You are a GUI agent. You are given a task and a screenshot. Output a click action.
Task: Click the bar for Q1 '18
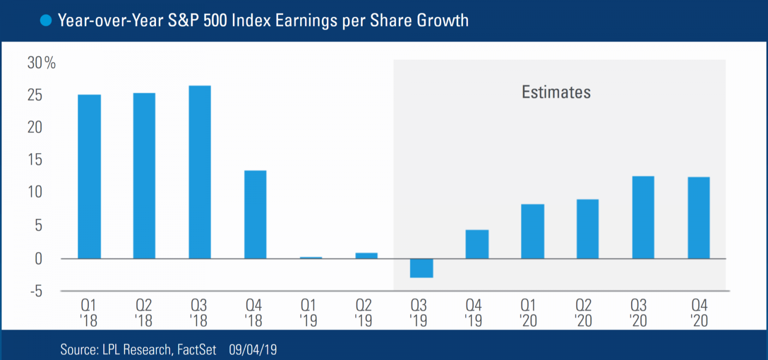[89, 177]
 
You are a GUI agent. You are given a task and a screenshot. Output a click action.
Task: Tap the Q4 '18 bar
[255, 215]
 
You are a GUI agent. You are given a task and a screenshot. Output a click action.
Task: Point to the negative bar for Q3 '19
[421, 268]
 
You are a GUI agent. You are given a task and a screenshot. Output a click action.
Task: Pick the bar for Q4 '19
[477, 244]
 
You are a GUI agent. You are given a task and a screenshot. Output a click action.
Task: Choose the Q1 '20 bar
[533, 231]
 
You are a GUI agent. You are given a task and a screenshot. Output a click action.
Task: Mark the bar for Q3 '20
[643, 217]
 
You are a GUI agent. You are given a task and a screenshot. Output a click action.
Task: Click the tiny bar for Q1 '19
[311, 258]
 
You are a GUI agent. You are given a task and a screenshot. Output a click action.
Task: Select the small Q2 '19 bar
[366, 256]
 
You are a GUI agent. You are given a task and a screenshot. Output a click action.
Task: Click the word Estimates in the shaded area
[556, 92]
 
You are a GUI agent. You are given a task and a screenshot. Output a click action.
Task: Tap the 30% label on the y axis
[41, 63]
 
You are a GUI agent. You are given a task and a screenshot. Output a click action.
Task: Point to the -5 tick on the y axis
[36, 291]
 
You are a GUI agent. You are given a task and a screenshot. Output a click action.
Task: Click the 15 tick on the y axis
[35, 160]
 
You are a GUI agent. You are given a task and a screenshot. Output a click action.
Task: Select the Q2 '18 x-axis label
[144, 312]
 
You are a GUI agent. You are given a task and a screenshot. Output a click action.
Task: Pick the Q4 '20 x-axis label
[699, 312]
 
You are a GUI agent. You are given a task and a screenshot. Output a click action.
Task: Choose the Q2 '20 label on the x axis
[583, 312]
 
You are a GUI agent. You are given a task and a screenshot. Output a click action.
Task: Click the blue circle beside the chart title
[46, 21]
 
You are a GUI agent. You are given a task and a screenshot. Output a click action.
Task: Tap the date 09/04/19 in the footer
[253, 349]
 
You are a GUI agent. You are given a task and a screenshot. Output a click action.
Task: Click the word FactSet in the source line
[197, 349]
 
